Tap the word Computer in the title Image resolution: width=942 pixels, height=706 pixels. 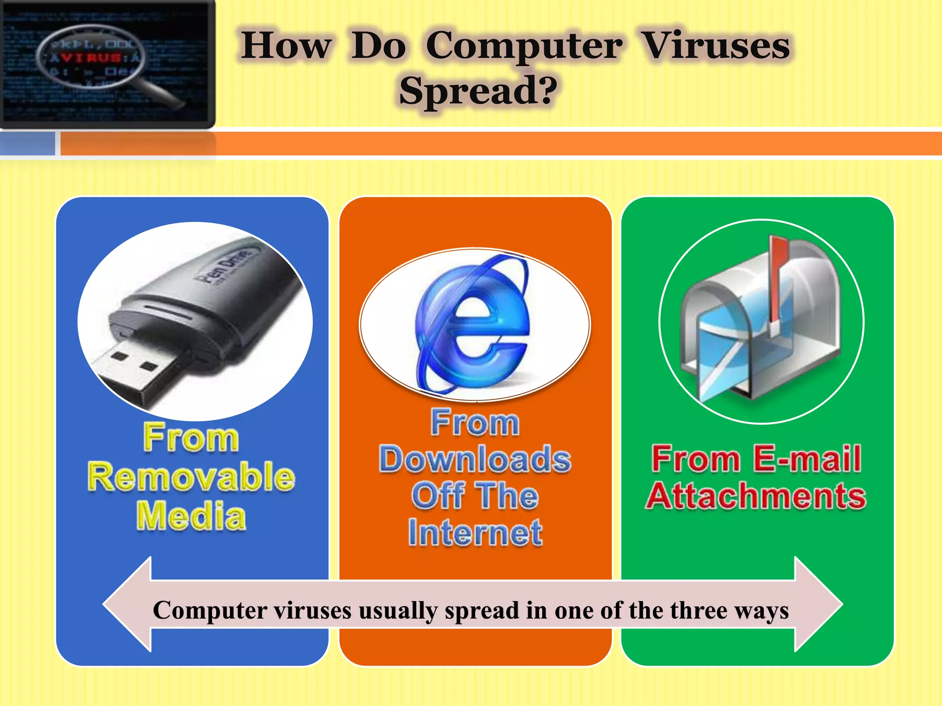pyautogui.click(x=524, y=47)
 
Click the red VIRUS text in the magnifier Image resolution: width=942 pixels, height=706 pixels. pyautogui.click(x=92, y=57)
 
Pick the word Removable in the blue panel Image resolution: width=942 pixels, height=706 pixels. pyautogui.click(x=191, y=477)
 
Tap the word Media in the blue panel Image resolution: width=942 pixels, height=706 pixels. pyautogui.click(x=191, y=516)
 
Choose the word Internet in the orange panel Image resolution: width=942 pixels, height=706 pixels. pyautogui.click(x=475, y=533)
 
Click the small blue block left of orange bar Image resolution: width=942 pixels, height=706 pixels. pyautogui.click(x=28, y=143)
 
